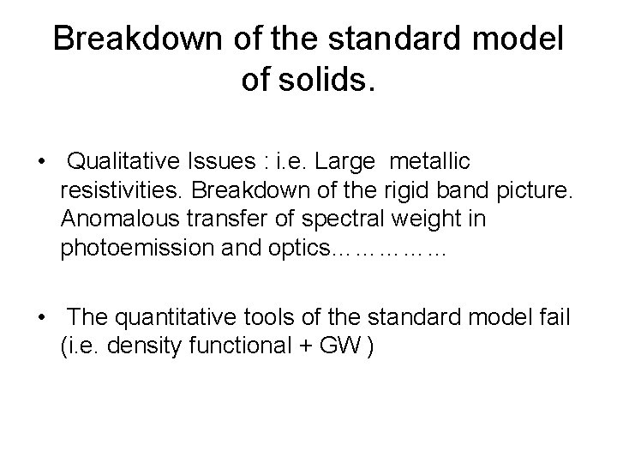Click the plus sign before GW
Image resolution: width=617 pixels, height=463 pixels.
[x=297, y=349]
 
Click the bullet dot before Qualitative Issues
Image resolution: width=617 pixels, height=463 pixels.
[x=40, y=161]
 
